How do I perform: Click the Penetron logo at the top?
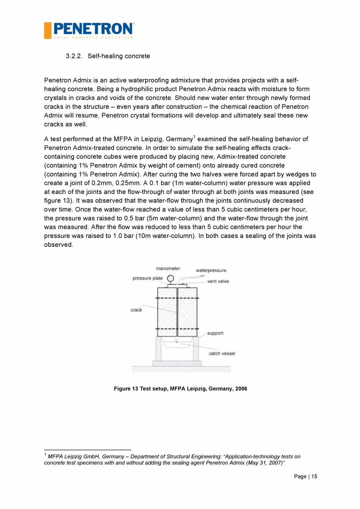[89, 30]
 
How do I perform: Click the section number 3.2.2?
[74, 56]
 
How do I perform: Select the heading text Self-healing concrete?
[119, 56]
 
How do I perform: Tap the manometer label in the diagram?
[168, 269]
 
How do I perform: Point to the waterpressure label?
[211, 270]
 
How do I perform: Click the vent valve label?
[218, 281]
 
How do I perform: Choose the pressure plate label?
[148, 278]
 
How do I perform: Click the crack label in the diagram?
[136, 310]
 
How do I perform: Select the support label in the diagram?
[215, 333]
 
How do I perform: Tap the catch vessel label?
[222, 353]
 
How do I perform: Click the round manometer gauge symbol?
[170, 279]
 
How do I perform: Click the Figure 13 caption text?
[180, 389]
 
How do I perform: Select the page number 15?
[314, 477]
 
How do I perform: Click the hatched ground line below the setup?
[181, 369]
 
